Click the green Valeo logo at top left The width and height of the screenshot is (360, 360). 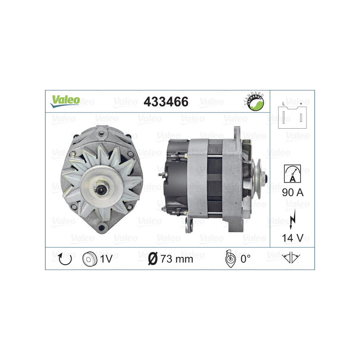click(65, 101)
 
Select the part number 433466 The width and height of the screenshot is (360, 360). click(166, 102)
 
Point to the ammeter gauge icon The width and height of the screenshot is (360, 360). click(292, 173)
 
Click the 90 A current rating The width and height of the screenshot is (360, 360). click(292, 192)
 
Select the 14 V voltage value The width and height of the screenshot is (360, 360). click(292, 237)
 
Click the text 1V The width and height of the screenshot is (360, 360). click(106, 259)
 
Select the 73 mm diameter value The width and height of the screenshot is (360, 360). click(177, 259)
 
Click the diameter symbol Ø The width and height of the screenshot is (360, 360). click(153, 259)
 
